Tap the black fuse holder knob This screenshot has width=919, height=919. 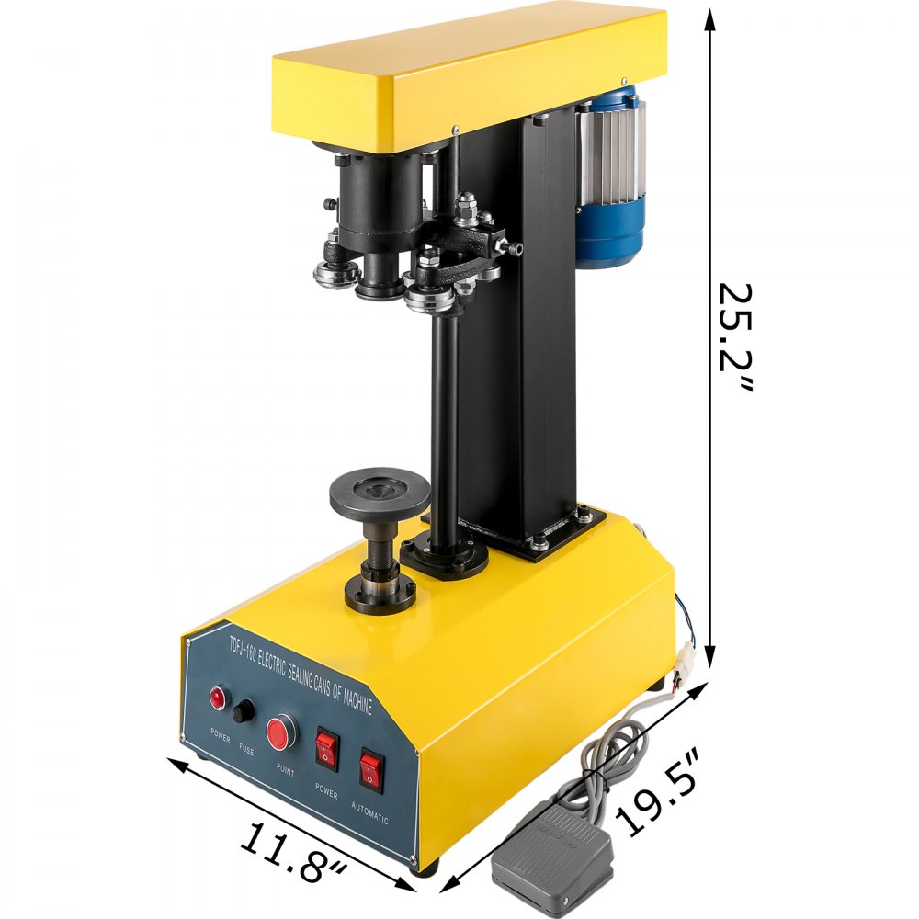point(244,711)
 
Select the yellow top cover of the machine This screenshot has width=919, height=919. point(469,74)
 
